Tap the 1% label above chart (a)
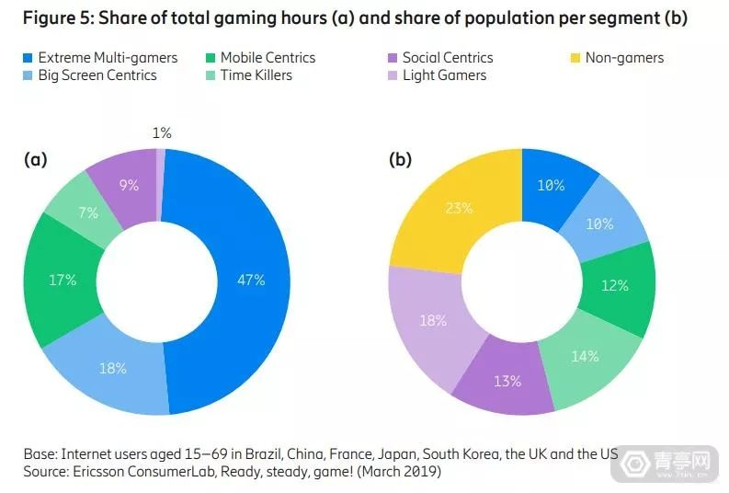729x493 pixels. pyautogui.click(x=162, y=133)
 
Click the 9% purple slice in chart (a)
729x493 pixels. pyautogui.click(x=129, y=185)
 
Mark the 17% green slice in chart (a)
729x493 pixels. pyautogui.click(x=63, y=279)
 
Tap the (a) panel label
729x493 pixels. pyautogui.click(x=35, y=159)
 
